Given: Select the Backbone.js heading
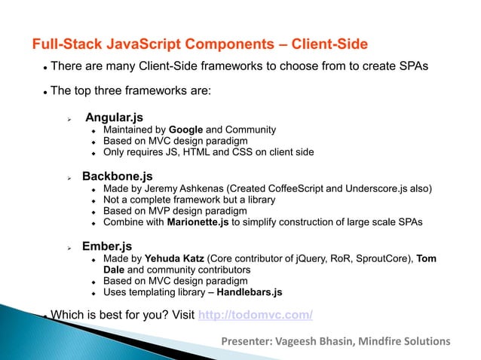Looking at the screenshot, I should (117, 176).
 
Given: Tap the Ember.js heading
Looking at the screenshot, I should (109, 246).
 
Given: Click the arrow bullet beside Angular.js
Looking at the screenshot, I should (69, 119).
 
